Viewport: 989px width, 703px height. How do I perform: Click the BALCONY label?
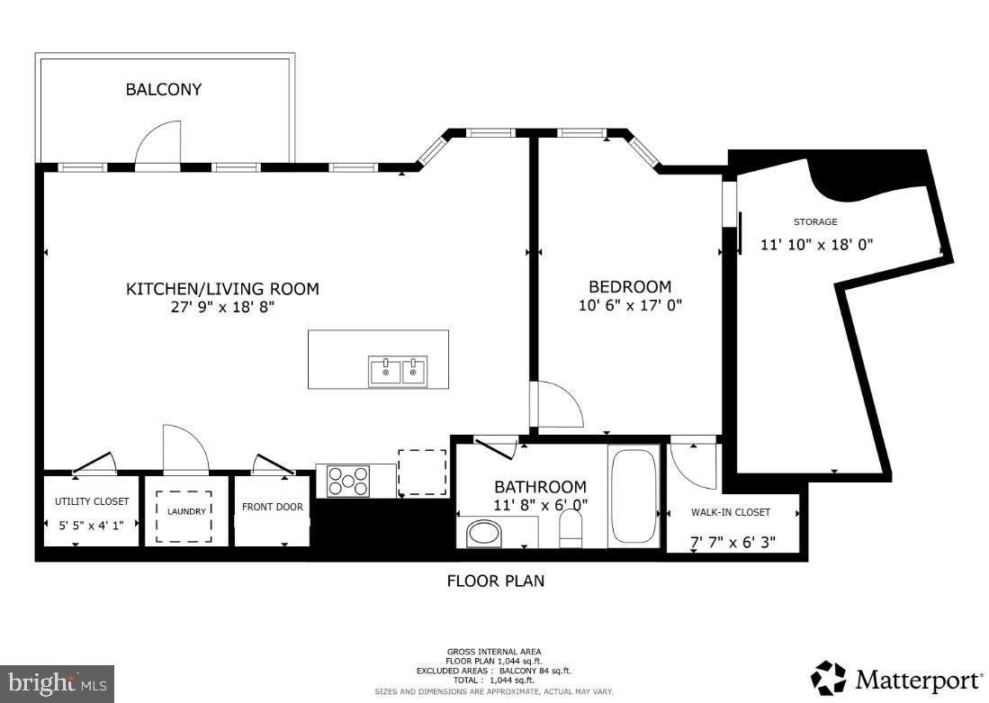(x=163, y=89)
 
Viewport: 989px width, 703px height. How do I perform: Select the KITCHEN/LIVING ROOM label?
(x=221, y=289)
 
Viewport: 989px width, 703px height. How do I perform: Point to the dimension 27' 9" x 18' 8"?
(x=221, y=307)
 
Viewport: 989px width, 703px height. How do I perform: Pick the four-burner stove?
(x=349, y=480)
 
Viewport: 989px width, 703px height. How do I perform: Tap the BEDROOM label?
(x=630, y=287)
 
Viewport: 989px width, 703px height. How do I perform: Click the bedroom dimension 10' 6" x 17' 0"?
(x=630, y=306)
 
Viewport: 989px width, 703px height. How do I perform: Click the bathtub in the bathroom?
(x=634, y=495)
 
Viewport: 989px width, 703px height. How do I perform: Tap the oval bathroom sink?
(x=486, y=534)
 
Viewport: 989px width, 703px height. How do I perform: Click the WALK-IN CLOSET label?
(x=731, y=512)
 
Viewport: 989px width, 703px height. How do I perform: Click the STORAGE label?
(x=815, y=221)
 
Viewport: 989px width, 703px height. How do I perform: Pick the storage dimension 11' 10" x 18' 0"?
(x=817, y=244)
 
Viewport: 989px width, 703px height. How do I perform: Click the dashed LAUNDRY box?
(x=184, y=516)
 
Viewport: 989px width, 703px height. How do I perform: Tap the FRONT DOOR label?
(x=273, y=507)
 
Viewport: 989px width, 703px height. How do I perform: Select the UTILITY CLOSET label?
(x=92, y=501)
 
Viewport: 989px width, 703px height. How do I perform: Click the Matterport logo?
(x=896, y=679)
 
